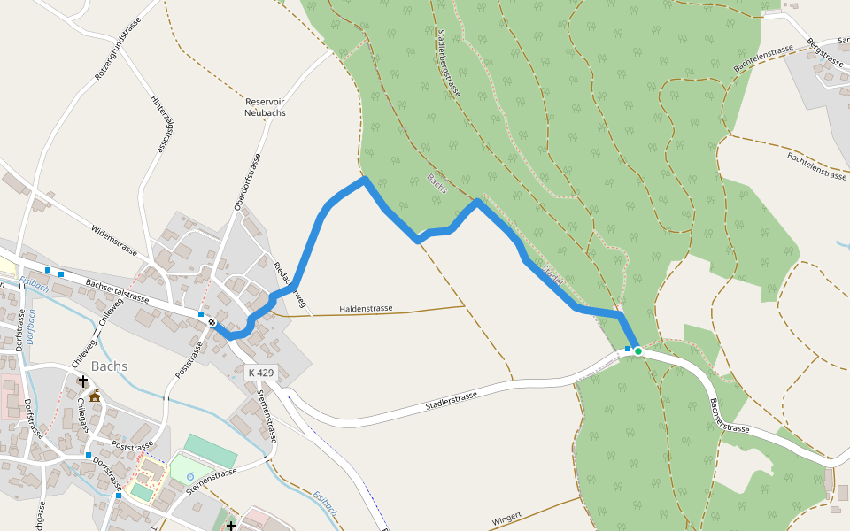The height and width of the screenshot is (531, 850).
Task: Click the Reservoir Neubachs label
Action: click(x=265, y=107)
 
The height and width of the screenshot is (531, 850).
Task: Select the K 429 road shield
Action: click(x=260, y=373)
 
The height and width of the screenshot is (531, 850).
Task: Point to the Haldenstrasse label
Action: click(x=366, y=309)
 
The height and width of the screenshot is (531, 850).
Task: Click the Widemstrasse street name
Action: click(x=114, y=240)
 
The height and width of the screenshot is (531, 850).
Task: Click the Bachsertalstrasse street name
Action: click(x=117, y=291)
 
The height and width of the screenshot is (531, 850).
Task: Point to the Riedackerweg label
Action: click(x=289, y=285)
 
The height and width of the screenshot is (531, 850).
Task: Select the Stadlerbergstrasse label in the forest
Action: click(x=450, y=62)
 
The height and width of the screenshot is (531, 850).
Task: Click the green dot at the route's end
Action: click(x=637, y=351)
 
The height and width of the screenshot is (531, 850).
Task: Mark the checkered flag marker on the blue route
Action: click(x=212, y=323)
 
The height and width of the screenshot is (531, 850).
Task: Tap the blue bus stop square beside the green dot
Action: click(x=628, y=350)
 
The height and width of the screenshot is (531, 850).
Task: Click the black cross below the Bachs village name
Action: click(x=83, y=381)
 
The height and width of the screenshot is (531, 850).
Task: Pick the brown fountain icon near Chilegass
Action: click(x=94, y=396)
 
